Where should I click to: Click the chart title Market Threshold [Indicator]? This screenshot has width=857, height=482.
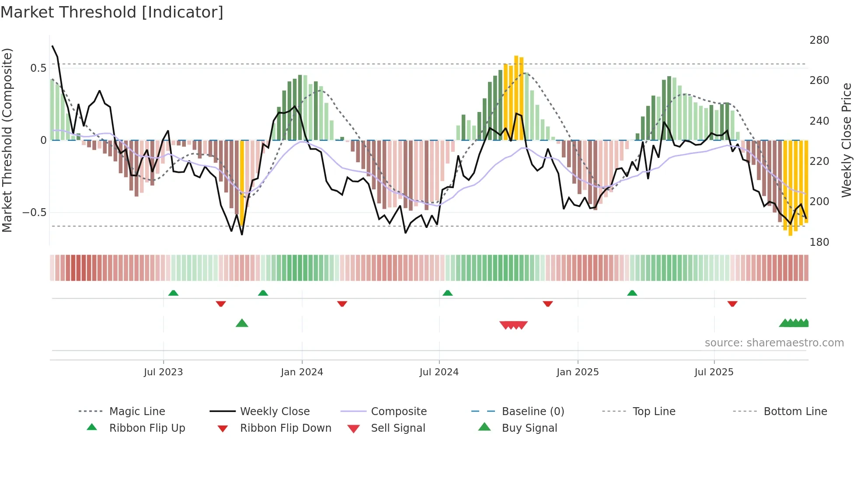coord(112,12)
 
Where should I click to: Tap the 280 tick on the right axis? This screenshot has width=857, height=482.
coord(819,40)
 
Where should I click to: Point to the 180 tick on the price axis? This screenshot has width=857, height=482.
coord(819,242)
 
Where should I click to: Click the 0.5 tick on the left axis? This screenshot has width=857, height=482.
coord(38,68)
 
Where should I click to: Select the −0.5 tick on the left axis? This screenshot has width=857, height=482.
coord(35,213)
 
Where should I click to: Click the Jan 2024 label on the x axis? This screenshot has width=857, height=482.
coord(302,372)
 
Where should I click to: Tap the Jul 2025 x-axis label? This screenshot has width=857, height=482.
coord(714,372)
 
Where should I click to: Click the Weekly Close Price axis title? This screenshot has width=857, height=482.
coord(847,140)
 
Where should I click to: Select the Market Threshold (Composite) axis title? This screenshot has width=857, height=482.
coord(7,140)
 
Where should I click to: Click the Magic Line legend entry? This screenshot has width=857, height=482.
coord(137,412)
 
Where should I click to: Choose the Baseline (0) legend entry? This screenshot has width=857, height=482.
coord(533,412)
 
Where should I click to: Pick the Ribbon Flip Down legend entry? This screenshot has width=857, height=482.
coord(285,428)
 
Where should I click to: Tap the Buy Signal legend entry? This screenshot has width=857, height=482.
coord(529,428)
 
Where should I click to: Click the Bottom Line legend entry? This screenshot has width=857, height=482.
coord(795,412)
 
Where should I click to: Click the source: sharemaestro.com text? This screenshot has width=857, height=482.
coord(774,343)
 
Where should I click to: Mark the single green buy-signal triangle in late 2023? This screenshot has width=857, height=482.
coord(242,323)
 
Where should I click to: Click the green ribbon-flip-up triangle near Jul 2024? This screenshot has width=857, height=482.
coord(447,293)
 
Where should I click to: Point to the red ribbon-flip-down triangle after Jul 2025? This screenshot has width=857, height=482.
coord(732,304)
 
